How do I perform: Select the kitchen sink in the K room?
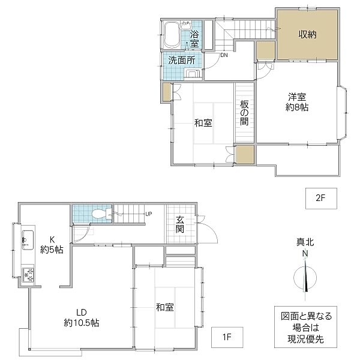[28, 239]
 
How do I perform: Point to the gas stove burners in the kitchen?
[28, 275]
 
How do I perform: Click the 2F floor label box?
[321, 199]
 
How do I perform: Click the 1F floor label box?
[227, 337]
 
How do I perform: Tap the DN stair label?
[224, 55]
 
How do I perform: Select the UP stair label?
[149, 214]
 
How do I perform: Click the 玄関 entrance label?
[180, 224]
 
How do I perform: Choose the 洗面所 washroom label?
[182, 60]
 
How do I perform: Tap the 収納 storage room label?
[308, 34]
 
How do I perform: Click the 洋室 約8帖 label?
[297, 102]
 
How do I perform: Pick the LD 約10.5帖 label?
[81, 317]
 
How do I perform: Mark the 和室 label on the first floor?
[165, 307]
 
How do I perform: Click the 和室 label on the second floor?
[203, 123]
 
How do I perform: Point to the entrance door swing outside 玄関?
[208, 229]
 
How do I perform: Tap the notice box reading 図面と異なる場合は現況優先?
[305, 327]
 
